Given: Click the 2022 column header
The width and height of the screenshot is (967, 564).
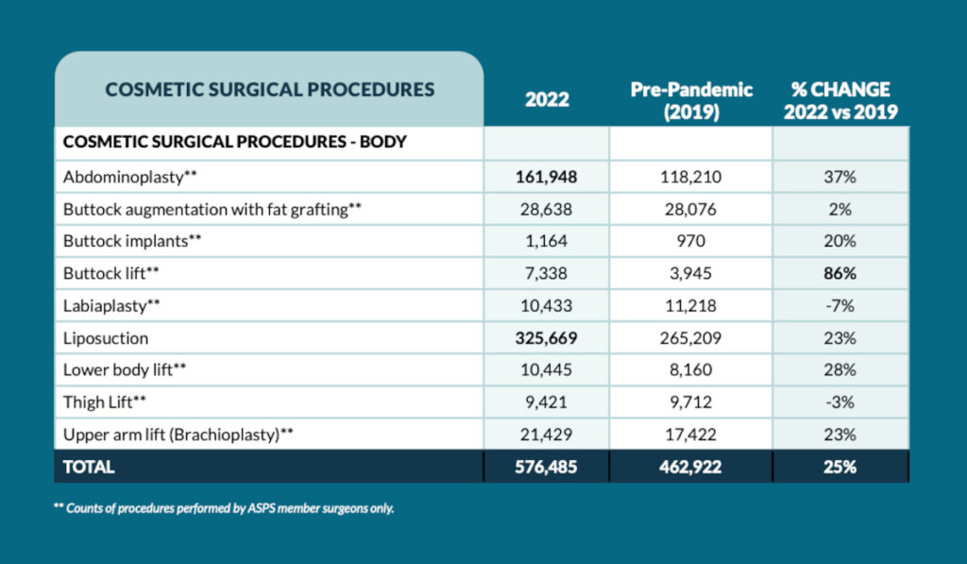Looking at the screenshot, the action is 547,99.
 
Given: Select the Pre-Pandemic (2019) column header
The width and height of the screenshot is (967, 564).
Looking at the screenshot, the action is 691,100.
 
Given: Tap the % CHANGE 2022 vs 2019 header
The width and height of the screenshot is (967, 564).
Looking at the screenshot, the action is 840,100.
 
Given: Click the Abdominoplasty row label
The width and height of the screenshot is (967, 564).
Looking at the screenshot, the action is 130,177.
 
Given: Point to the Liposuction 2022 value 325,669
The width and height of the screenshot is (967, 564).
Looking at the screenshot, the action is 547,338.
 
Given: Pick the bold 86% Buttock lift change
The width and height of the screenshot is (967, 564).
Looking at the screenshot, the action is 840,273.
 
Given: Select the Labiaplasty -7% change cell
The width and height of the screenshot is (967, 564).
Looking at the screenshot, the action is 840,305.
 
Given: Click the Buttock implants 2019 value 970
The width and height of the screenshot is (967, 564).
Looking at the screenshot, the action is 690,241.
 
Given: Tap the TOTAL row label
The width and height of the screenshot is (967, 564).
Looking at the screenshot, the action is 89,467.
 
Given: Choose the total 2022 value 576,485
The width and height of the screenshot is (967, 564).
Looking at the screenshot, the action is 547,467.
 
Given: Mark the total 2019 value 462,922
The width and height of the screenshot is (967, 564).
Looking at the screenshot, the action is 690,467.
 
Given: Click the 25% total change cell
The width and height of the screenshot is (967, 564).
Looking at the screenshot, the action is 840,467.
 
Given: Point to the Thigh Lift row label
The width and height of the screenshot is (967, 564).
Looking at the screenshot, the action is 105,402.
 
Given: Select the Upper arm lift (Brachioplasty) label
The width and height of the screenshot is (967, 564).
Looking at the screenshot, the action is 178,435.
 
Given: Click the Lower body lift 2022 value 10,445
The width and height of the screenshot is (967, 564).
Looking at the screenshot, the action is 547,369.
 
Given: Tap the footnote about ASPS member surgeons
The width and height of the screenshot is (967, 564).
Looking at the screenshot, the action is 224,508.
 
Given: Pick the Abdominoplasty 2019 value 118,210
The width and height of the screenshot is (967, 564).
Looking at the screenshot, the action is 690,177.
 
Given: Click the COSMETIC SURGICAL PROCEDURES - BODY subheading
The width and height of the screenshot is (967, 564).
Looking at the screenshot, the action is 235,142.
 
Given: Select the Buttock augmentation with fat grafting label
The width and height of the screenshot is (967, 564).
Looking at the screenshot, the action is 212,210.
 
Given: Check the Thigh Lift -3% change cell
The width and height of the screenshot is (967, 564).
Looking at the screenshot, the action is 840,402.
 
